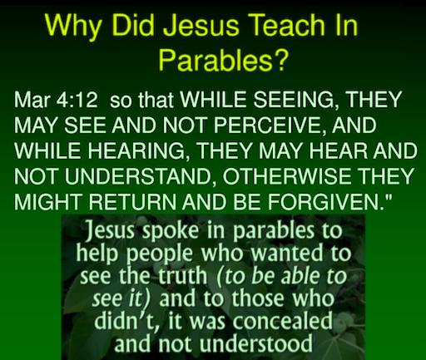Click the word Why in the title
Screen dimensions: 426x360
click(x=73, y=26)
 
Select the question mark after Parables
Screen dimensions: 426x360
click(x=279, y=59)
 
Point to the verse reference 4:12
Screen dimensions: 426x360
click(x=77, y=100)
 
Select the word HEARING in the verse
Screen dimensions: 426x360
click(x=137, y=150)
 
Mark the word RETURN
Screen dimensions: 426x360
click(x=132, y=201)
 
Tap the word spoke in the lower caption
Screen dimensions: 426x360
click(x=170, y=231)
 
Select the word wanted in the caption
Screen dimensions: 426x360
click(x=287, y=253)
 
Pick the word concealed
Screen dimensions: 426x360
click(x=282, y=321)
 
